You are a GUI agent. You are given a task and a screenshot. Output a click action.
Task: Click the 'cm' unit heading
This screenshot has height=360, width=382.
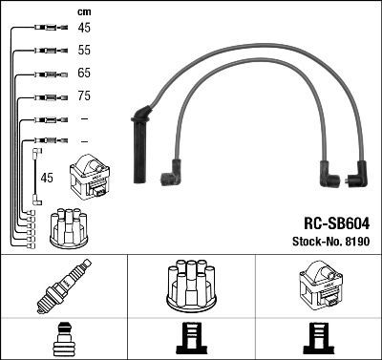pyautogui.click(x=83, y=11)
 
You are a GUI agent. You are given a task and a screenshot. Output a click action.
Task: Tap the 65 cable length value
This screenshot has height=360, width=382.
pyautogui.click(x=84, y=73)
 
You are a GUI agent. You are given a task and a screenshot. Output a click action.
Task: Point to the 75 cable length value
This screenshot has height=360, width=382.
pyautogui.click(x=84, y=96)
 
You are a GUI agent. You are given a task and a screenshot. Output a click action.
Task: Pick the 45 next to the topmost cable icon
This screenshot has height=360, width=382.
pyautogui.click(x=84, y=28)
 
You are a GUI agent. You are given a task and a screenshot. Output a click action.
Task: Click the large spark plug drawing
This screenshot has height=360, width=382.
pyautogui.click(x=62, y=286)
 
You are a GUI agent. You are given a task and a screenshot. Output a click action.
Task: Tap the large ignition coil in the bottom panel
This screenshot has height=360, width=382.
pyautogui.click(x=317, y=284)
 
